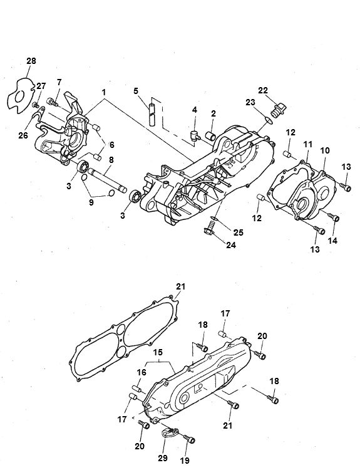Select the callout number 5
pyautogui.click(x=136, y=91)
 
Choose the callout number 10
pyautogui.click(x=325, y=151)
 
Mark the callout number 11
pyautogui.click(x=307, y=145)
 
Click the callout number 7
pyautogui.click(x=59, y=82)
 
